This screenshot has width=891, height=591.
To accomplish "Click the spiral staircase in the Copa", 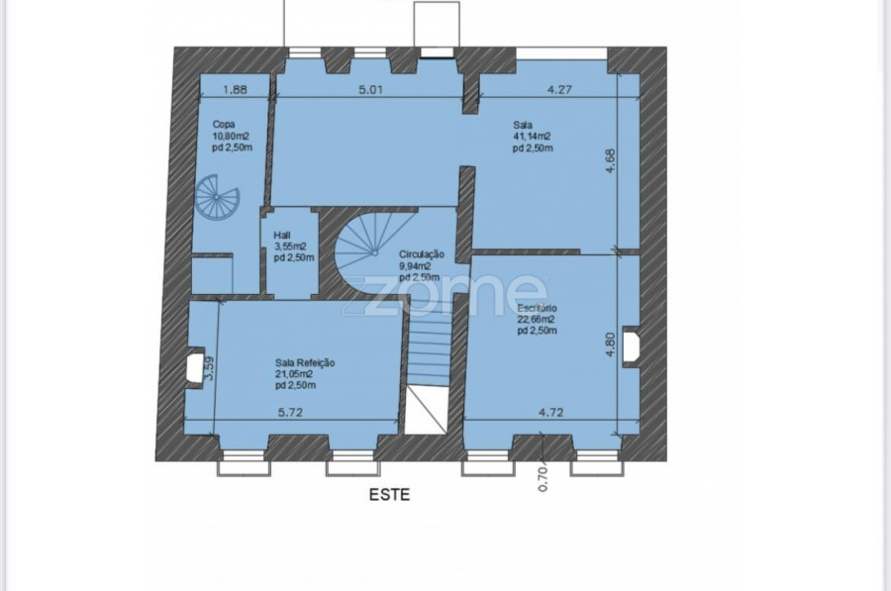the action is pos(217,197).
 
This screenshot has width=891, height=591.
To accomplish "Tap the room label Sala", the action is pos(523,125).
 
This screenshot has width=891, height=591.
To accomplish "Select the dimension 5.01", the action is pos(370,89).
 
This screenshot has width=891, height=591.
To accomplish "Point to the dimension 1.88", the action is pos(235,89).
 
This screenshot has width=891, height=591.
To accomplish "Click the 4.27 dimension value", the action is pos(559,89).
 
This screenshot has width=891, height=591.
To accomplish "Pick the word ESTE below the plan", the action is pos(389,494).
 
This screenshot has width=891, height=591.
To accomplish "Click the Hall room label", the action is pos(282,235).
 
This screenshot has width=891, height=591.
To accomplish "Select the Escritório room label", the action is pos(537,308).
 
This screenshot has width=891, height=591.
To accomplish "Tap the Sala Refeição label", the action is pos(305,362).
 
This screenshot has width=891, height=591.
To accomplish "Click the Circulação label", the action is pos(421,254).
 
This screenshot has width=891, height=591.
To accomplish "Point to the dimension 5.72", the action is pos(290,412).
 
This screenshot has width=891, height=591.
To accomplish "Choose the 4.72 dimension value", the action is pos(550,412).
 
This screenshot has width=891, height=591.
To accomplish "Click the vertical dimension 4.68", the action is pos(610,160).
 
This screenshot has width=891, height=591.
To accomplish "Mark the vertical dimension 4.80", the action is pos(610,345).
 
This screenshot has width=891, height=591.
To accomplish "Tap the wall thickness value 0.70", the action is pos(542,478).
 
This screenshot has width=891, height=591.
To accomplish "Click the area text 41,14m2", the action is pos(532,137).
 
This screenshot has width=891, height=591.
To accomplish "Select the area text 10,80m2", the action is pos(231,136).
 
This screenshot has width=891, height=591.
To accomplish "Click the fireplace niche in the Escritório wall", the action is pos(632,347).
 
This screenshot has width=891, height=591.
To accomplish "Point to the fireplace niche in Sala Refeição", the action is pos(195,367).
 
